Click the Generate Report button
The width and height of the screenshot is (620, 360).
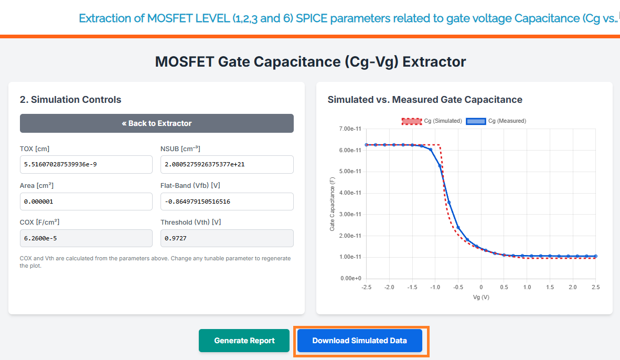(x=244, y=341)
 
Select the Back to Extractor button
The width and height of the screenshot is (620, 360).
(x=157, y=123)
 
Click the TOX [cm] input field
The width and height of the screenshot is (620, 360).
(x=86, y=165)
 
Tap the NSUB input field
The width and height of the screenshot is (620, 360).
(x=227, y=165)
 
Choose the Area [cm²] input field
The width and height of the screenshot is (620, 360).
(x=86, y=202)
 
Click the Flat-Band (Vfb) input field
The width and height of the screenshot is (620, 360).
(x=227, y=202)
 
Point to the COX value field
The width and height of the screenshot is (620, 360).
(x=86, y=238)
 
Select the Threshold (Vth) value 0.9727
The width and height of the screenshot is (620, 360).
(x=227, y=238)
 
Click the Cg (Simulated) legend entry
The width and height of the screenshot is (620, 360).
(x=432, y=121)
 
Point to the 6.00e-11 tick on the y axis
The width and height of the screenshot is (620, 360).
(x=350, y=150)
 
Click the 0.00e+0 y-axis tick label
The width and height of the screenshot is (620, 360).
(x=350, y=278)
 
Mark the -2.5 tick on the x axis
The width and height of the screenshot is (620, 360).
(x=366, y=287)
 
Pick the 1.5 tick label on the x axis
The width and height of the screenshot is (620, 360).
(x=550, y=287)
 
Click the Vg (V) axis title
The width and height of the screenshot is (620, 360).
(x=480, y=297)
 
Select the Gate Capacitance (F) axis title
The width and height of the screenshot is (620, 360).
(x=332, y=204)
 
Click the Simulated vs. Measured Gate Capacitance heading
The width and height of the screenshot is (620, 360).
(x=425, y=100)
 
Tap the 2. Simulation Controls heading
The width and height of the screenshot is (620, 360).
(x=70, y=100)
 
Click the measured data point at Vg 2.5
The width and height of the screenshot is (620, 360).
(x=595, y=256)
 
